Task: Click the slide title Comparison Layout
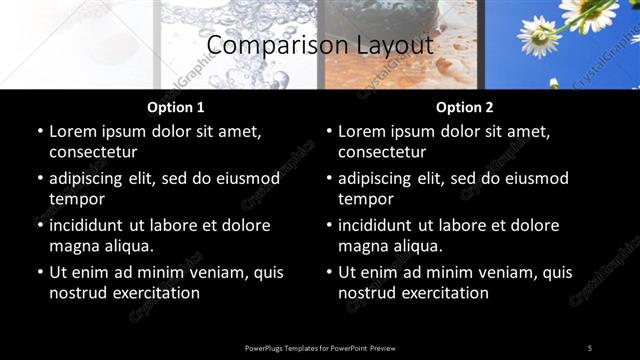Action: coord(319,45)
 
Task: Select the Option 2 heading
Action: coord(464,107)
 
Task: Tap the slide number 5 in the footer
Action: coord(590,348)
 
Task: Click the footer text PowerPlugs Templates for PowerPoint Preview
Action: coord(320,348)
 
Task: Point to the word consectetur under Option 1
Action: coord(93,152)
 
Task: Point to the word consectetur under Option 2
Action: coord(382,152)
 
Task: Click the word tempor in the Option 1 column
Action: coord(76,199)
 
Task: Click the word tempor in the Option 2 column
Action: coord(365,199)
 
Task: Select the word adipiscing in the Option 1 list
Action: coord(90,178)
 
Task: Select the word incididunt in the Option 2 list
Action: coord(381,225)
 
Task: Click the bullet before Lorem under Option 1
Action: coord(40,131)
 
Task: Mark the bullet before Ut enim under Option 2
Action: coord(329,272)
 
